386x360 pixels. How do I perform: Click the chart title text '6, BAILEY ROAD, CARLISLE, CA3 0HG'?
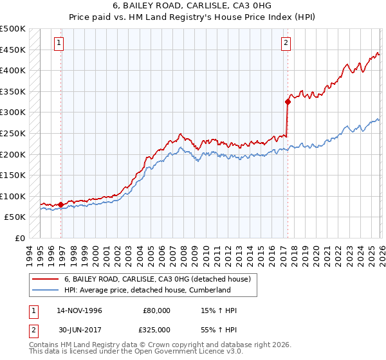192,6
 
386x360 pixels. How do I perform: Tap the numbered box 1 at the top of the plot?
59,43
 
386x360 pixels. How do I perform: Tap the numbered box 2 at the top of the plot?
286,43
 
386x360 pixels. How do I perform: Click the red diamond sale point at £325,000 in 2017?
288,101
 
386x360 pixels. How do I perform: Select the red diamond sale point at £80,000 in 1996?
61,204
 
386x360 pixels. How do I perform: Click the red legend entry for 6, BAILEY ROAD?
161,278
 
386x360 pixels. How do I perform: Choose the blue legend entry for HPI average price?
147,290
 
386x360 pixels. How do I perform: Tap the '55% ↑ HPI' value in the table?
219,330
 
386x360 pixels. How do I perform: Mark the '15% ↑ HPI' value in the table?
219,310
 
